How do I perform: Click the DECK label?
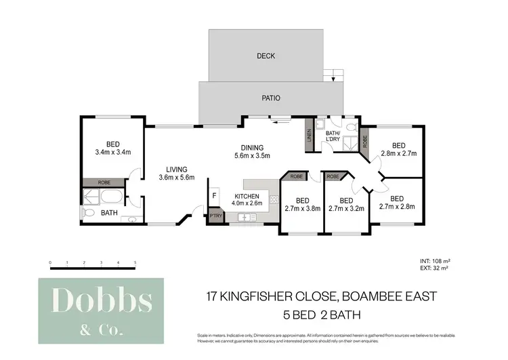tap(266, 56)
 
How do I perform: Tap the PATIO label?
tap(271, 98)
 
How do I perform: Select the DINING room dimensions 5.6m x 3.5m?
tap(252, 156)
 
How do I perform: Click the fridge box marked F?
tap(215, 195)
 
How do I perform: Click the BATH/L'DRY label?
tap(333, 138)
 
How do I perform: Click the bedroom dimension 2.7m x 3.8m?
tap(302, 208)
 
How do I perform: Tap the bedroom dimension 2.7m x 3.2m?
tap(346, 208)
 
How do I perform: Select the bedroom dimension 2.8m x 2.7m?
tap(398, 154)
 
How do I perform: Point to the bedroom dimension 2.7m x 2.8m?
tap(397, 206)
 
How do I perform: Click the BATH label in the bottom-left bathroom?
tap(109, 213)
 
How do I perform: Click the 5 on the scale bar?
tap(135, 261)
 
